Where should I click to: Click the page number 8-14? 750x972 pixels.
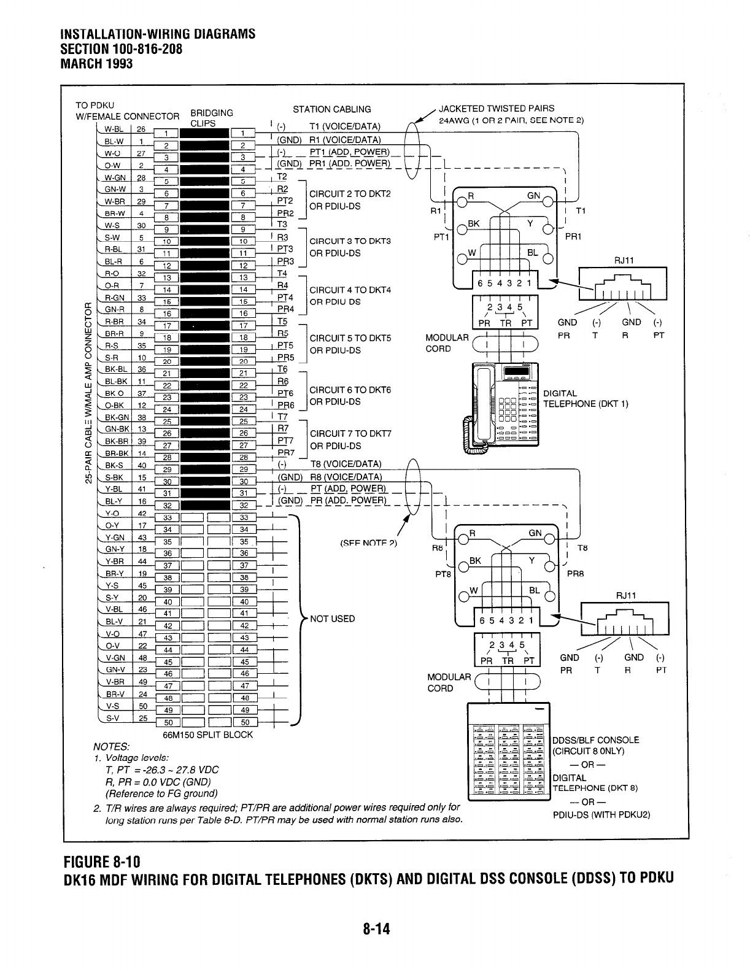376,930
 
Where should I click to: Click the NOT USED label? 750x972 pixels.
332,619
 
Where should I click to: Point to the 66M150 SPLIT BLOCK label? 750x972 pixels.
207,735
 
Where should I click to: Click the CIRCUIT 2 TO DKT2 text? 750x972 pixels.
350,194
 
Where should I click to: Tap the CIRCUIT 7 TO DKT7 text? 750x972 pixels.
350,434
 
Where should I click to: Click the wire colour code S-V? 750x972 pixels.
112,718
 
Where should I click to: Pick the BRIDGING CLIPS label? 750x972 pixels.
212,117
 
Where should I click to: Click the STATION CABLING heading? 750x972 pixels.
331,109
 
